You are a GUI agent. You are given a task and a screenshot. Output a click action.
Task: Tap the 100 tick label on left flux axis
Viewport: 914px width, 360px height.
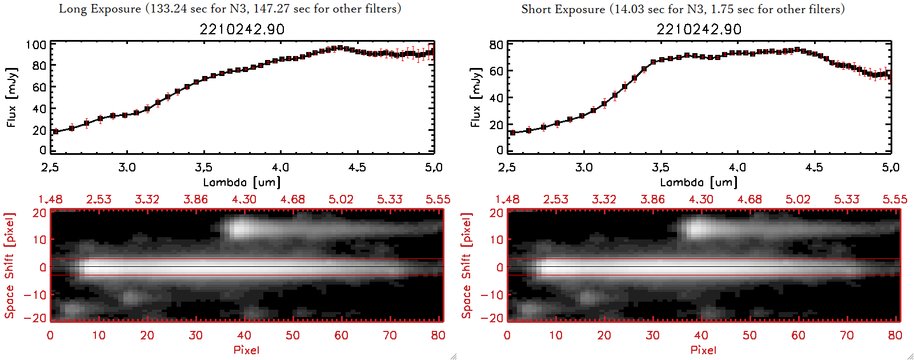[36, 45]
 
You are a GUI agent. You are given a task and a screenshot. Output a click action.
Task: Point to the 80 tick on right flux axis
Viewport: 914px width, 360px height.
[496, 45]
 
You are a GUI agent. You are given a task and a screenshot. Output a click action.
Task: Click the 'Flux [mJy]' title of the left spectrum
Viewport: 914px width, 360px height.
[12, 97]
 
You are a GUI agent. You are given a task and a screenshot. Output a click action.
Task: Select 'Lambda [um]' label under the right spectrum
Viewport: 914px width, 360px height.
[699, 182]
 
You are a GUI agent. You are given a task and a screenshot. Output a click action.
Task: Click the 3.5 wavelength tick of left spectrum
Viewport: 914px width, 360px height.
[203, 167]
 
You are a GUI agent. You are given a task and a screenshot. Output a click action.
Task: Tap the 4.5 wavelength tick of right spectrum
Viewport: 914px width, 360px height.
[814, 167]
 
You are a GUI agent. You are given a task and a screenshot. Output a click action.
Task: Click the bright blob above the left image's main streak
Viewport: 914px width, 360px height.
[241, 228]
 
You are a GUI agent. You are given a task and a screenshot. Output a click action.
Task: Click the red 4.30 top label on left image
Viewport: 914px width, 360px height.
[244, 199]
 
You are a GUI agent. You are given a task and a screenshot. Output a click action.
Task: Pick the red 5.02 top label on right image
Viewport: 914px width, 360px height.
[797, 199]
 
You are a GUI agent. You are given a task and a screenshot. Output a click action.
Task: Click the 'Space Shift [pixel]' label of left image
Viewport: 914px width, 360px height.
[9, 266]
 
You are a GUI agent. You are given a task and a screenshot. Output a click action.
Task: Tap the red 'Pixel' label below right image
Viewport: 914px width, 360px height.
[703, 350]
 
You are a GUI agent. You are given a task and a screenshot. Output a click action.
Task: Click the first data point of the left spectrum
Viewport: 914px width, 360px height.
[55, 131]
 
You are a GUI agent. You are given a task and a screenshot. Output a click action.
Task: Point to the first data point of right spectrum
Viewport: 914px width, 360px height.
[512, 133]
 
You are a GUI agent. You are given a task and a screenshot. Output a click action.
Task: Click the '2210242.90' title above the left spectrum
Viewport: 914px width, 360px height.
[242, 29]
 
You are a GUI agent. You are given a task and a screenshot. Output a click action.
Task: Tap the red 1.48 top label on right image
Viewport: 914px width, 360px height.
[507, 199]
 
